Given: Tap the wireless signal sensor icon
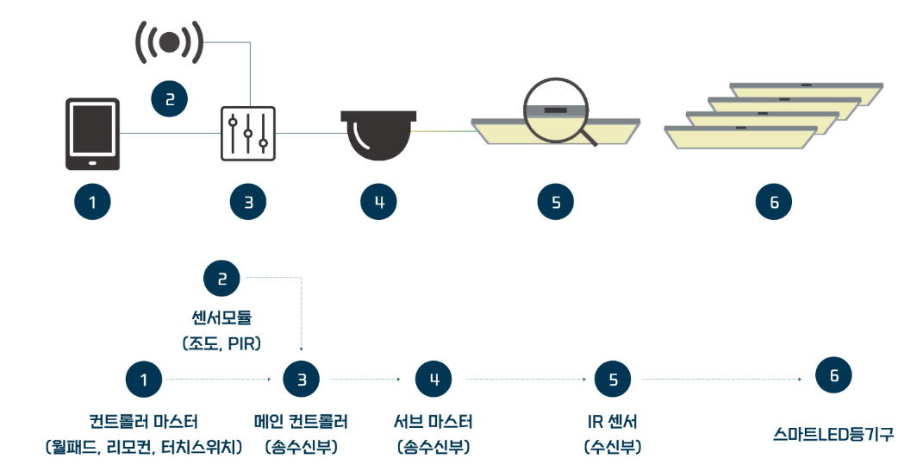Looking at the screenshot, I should point(170,41).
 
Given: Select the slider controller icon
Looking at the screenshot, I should point(248,134).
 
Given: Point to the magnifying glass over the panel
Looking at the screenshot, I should point(556,110).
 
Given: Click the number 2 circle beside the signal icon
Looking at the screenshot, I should point(170,99).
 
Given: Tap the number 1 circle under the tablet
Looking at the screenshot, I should point(92,203).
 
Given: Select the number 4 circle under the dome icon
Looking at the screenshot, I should point(379,203).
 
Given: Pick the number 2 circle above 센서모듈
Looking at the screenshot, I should point(221,279).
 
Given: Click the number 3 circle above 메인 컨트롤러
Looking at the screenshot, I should point(302,379).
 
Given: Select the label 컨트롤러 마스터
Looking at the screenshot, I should point(144,422).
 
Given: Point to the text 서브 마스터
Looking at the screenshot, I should point(433,422).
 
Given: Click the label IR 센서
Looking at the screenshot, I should point(613,422).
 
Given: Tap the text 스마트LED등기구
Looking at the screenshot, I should point(833,434).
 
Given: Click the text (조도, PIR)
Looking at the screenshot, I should point(221,343).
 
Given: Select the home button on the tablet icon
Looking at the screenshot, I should point(92,161).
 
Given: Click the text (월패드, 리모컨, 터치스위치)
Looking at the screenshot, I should point(144,447).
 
